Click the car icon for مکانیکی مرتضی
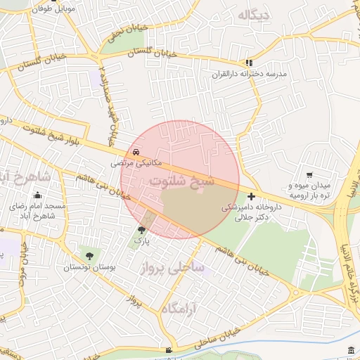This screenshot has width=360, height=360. click(134, 152)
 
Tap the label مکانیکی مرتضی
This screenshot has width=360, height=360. click(136, 162)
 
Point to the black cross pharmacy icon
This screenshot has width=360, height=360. click(252, 196)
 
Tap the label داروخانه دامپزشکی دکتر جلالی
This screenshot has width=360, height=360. click(251, 212)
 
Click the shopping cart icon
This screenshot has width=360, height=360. click(309, 174)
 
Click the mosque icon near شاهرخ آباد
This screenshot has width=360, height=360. click(37, 195)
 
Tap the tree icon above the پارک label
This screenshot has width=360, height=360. click(141, 229)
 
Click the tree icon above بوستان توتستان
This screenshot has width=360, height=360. click(89, 255)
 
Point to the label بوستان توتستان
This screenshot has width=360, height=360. click(90, 267)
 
